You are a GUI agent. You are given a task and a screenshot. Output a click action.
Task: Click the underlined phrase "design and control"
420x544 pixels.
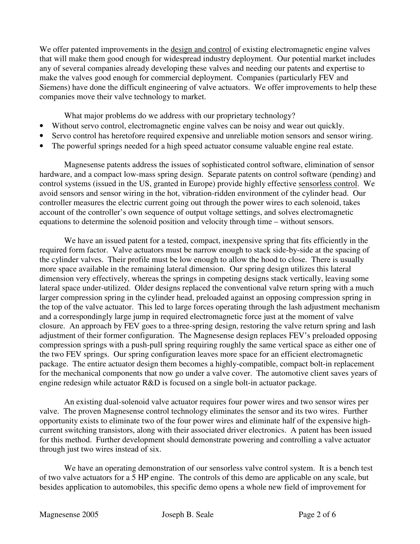click(x=201, y=50)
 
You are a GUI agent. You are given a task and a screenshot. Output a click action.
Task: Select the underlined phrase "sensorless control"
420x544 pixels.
click(x=327, y=184)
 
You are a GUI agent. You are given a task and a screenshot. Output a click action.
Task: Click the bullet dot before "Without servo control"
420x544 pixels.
click(x=42, y=126)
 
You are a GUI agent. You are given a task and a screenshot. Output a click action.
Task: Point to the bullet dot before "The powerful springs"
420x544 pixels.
click(x=42, y=146)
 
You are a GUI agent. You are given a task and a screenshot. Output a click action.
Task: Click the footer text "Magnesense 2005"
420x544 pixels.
click(x=69, y=515)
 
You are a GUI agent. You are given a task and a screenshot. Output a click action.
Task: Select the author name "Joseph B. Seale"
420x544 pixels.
click(x=187, y=515)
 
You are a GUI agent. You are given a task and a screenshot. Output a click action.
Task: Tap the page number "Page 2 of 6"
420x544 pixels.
click(x=317, y=515)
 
